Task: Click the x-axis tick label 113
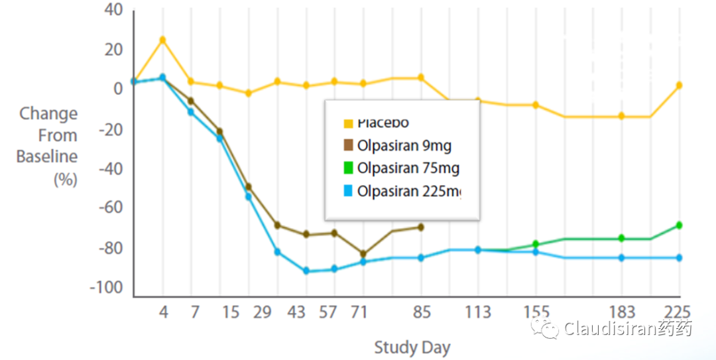(x=478, y=312)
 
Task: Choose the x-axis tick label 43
(x=298, y=312)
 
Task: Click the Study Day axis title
(x=412, y=347)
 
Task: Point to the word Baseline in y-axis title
(x=46, y=157)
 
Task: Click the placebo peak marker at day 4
(x=162, y=40)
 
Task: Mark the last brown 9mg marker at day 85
(x=420, y=227)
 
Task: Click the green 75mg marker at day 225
(x=679, y=225)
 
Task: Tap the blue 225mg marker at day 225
(x=679, y=257)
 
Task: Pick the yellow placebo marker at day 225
(x=679, y=86)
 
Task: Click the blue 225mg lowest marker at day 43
(x=306, y=270)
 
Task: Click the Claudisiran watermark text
(x=627, y=329)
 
